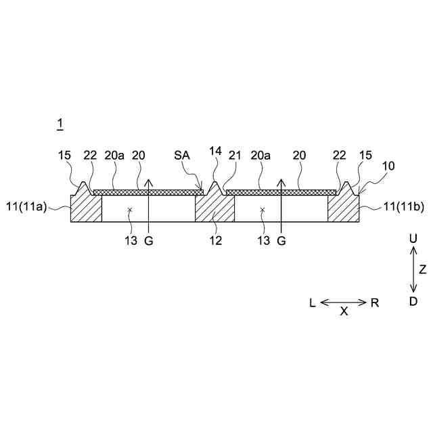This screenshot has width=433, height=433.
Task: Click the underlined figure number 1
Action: pos(60,123)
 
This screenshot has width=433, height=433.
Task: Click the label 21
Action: pos(235,156)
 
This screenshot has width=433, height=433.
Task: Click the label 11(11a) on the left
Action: pos(26,207)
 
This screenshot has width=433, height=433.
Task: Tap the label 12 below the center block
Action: pos(214,240)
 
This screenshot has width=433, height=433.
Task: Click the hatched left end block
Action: pos(86,206)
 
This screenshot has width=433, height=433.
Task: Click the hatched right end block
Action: pos(343,206)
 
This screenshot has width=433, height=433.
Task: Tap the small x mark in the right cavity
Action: pos(263,210)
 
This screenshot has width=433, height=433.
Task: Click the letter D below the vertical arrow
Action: pos(413,302)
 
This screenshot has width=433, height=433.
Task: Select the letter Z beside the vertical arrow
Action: pos(423,269)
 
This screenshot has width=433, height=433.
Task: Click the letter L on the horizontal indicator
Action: pos(313,303)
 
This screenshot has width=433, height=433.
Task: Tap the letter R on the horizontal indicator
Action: pos(375,303)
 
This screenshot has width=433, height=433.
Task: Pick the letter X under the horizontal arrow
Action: pos(344,313)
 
